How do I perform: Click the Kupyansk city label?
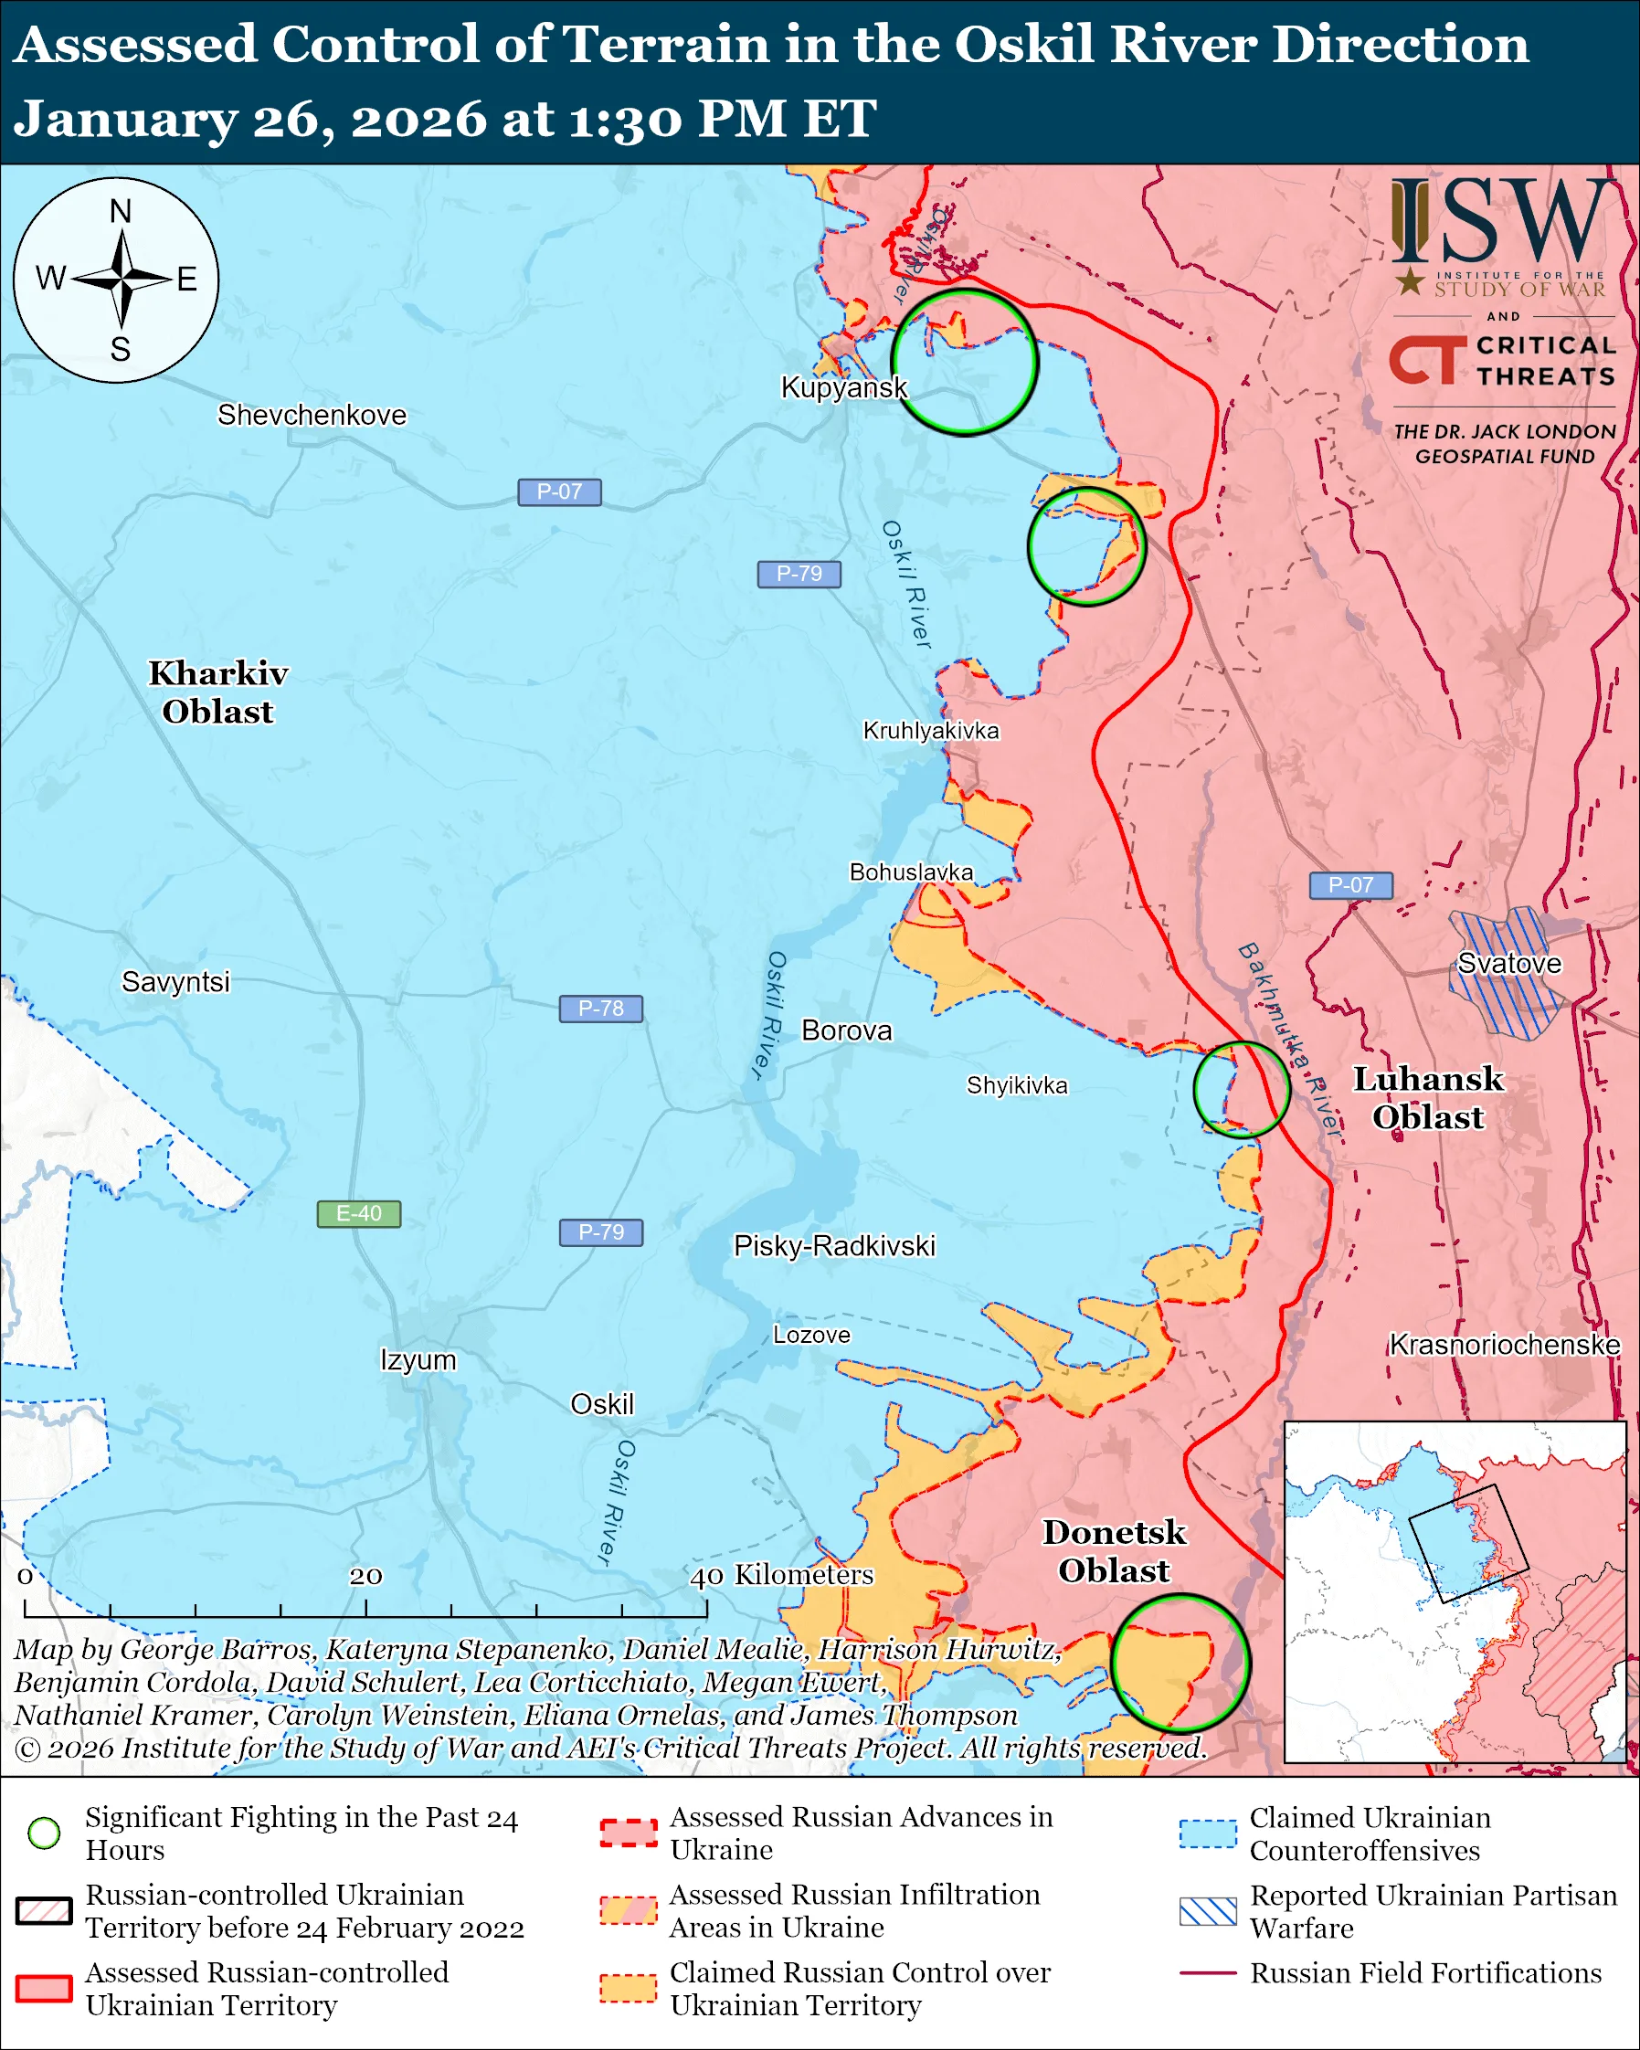click(x=843, y=387)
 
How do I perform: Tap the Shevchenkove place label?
click(x=312, y=415)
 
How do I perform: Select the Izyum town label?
click(x=418, y=1359)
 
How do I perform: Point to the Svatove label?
click(x=1508, y=963)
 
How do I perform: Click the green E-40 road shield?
click(x=358, y=1213)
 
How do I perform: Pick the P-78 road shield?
click(x=600, y=1008)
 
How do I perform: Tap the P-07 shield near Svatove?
click(x=1350, y=885)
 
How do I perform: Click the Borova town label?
click(x=846, y=1030)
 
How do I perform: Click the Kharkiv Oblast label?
click(x=217, y=692)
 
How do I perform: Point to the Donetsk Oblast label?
click(x=1115, y=1551)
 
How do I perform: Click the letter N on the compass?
click(x=120, y=211)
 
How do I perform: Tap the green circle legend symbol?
click(x=44, y=1833)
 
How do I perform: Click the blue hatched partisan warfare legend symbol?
click(x=1208, y=1911)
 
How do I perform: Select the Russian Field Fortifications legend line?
click(x=1208, y=1973)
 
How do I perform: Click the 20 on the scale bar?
click(x=365, y=1577)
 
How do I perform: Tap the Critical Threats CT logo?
click(x=1426, y=360)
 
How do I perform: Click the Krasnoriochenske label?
click(x=1504, y=1345)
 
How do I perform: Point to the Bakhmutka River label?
click(x=1289, y=1041)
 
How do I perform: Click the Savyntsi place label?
click(x=176, y=981)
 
